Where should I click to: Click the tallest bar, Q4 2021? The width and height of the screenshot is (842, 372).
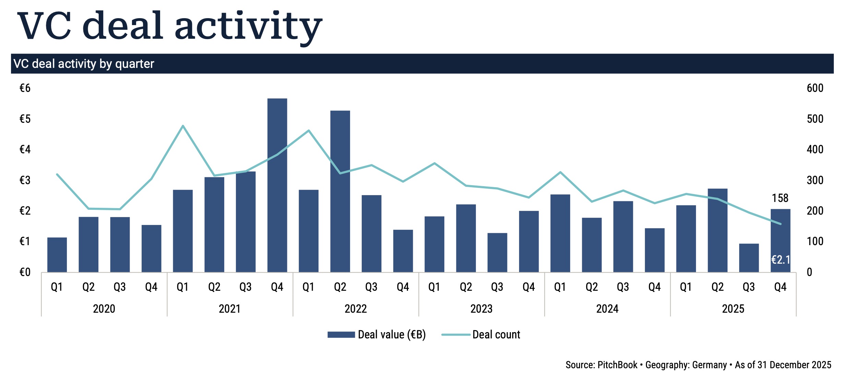click(x=277, y=185)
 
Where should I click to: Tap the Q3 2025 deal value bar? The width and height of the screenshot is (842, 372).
click(x=749, y=258)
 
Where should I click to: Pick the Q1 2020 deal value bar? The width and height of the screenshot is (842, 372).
click(x=57, y=255)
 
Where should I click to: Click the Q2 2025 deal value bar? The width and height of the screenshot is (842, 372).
click(x=718, y=230)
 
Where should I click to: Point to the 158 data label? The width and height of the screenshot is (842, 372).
click(x=780, y=198)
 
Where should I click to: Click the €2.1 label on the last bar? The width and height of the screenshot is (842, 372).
click(x=780, y=260)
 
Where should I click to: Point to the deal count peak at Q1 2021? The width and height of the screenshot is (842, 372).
click(x=183, y=126)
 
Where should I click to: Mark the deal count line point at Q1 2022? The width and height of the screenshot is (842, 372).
click(x=309, y=131)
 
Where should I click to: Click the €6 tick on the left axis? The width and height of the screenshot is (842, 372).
click(x=25, y=88)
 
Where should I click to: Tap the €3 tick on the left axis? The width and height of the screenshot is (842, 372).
click(x=25, y=180)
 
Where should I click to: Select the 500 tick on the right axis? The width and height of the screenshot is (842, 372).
click(x=815, y=119)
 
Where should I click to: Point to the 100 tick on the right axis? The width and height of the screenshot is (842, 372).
click(x=815, y=242)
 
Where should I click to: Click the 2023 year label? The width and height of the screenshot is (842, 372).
click(x=481, y=309)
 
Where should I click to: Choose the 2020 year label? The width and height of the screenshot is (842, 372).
click(x=104, y=309)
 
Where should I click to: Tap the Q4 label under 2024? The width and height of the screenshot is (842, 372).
click(x=654, y=287)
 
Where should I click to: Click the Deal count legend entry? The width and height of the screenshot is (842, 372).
click(x=496, y=335)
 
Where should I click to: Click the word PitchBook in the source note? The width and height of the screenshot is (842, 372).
click(x=617, y=365)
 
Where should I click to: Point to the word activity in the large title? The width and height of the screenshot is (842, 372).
click(x=249, y=26)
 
